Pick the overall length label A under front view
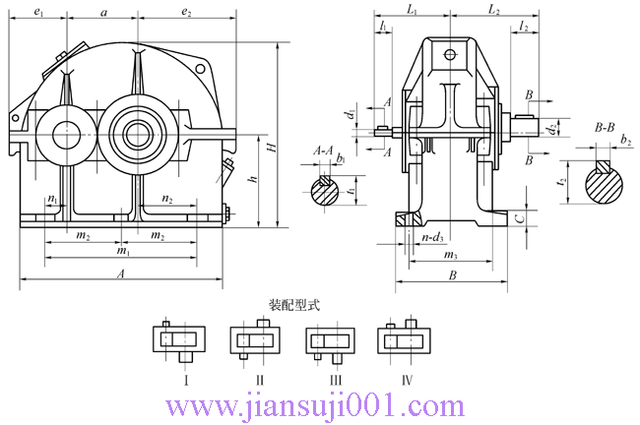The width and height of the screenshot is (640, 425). click(x=120, y=276)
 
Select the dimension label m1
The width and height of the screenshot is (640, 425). click(x=122, y=252)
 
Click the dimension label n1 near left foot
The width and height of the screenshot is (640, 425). click(x=52, y=200)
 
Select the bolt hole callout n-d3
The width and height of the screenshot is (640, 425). click(x=432, y=237)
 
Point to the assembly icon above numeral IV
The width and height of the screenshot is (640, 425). click(x=406, y=340)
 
